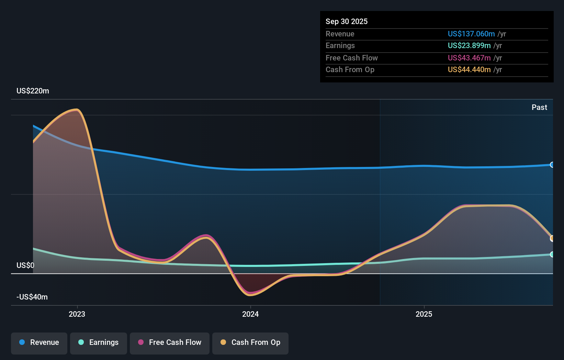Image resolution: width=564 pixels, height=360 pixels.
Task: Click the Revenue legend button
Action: [39, 342]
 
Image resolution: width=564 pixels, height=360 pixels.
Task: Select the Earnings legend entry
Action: [99, 342]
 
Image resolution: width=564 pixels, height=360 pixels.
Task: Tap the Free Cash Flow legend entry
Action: [170, 342]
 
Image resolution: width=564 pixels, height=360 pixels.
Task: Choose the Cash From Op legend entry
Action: [250, 342]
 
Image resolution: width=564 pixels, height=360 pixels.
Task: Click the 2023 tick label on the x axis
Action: [77, 314]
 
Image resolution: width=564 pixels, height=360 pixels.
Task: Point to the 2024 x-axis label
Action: [250, 314]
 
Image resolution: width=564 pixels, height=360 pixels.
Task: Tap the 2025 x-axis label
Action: [424, 314]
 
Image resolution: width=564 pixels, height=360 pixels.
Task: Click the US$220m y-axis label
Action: [33, 91]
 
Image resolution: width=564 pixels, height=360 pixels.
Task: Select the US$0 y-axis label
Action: [25, 265]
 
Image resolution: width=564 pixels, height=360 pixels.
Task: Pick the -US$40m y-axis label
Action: [32, 297]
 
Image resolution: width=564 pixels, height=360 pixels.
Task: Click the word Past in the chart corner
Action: [539, 108]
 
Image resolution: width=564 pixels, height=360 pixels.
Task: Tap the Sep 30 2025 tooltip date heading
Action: [347, 22]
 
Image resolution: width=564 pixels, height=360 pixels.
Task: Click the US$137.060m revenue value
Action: [471, 34]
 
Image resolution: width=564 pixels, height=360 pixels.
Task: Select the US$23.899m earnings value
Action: [469, 46]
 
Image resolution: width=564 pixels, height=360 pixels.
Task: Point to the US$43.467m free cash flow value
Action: [469, 58]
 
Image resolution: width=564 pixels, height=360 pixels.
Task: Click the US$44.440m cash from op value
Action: [469, 70]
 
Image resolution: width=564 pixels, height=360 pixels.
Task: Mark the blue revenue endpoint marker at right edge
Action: [552, 165]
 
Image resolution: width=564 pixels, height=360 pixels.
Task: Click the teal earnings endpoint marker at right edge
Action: [552, 254]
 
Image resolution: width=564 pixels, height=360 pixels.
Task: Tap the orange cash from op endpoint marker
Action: [552, 238]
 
